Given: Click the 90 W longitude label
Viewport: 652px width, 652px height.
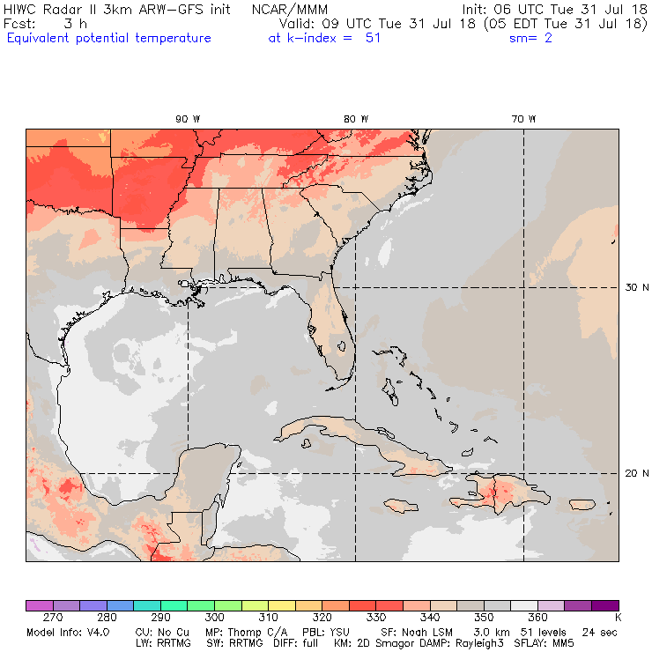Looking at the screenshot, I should click(x=187, y=119).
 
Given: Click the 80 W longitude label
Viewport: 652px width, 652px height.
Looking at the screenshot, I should click(x=356, y=119).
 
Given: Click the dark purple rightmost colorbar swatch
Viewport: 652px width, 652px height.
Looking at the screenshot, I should click(x=604, y=605).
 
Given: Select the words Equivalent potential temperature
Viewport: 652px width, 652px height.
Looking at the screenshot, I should click(x=109, y=38).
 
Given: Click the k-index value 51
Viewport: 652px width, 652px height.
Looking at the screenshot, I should click(x=372, y=38).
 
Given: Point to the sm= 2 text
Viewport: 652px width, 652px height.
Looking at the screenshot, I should click(x=530, y=38).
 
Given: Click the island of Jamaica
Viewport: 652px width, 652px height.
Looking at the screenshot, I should click(x=399, y=505).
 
